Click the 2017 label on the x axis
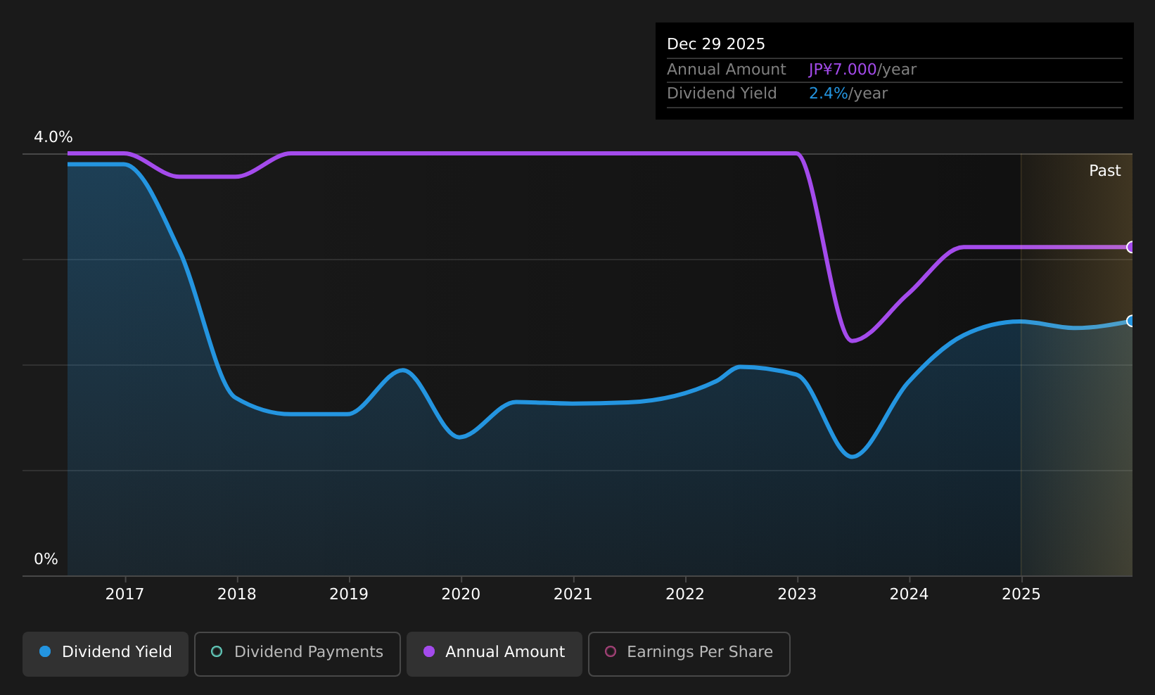click(125, 594)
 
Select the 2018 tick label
click(236, 594)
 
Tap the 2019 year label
click(349, 594)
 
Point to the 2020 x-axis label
click(461, 594)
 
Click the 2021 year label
click(573, 594)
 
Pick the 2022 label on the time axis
click(685, 594)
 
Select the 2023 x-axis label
click(797, 594)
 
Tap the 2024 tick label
click(909, 594)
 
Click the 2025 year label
click(1021, 594)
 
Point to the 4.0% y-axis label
click(53, 137)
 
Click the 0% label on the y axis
click(46, 559)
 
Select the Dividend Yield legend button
click(106, 653)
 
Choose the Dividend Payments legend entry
click(298, 653)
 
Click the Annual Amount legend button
click(494, 653)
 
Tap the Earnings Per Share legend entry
click(689, 653)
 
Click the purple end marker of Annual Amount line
click(1131, 247)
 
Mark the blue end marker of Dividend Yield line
click(1131, 321)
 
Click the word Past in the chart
click(1105, 171)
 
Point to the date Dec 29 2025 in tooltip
click(715, 44)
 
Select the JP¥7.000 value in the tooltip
click(843, 70)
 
